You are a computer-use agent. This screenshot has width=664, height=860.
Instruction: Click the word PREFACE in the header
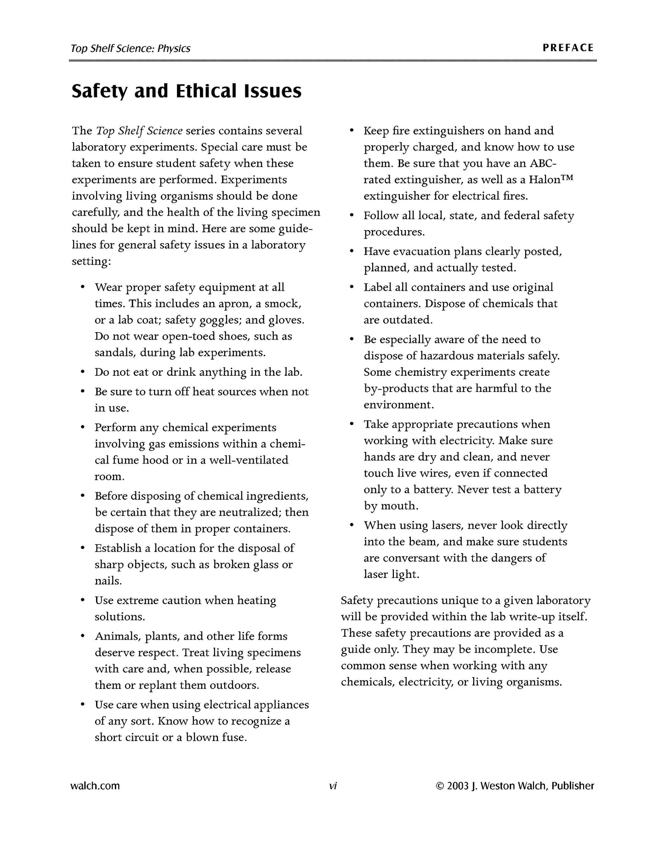tap(568, 48)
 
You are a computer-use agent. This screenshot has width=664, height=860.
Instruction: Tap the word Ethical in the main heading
tap(206, 91)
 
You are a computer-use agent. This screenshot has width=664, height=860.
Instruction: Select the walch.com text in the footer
tap(95, 786)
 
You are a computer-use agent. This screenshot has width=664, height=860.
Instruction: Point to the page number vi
tap(333, 786)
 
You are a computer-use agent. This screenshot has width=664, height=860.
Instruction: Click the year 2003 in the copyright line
tap(458, 786)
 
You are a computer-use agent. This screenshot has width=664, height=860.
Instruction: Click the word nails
tap(108, 581)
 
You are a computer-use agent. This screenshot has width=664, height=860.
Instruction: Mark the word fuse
tap(234, 738)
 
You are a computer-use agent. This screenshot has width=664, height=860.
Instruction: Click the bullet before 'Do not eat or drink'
tap(83, 372)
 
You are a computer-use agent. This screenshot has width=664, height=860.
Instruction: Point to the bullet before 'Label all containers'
tap(352, 287)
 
